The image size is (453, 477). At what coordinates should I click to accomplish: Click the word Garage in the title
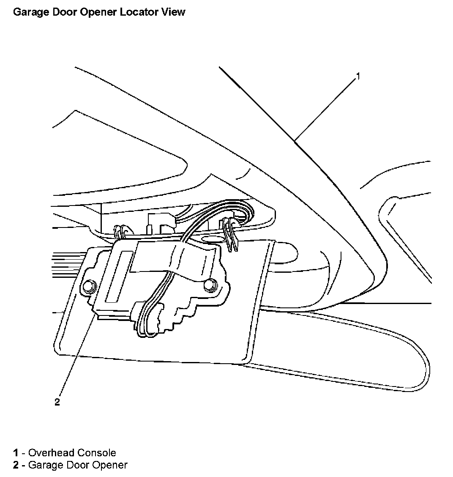point(28,12)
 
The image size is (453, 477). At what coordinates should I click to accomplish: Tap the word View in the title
point(172,12)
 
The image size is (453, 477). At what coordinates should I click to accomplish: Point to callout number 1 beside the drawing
point(358,77)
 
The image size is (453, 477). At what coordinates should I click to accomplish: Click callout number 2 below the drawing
point(57,402)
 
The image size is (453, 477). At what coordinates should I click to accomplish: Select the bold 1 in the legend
point(16,453)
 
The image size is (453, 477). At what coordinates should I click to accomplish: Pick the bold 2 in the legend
point(16,465)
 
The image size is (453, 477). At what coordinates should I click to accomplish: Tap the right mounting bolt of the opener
point(209,285)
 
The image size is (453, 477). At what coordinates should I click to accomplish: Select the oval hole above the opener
point(214,240)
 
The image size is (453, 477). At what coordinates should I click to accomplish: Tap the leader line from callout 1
point(325,108)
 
